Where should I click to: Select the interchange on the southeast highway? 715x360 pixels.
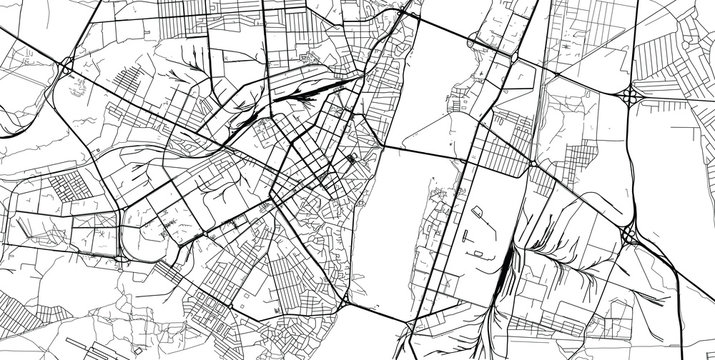tap(630, 236)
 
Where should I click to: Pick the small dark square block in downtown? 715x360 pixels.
tap(351, 161)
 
